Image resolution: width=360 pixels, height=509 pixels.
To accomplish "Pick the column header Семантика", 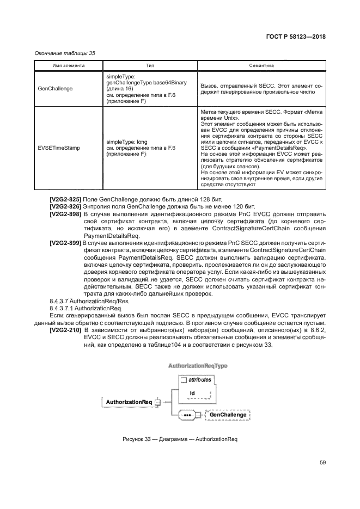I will click(x=261, y=65).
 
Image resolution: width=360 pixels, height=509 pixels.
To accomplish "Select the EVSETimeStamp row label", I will click(x=57, y=148).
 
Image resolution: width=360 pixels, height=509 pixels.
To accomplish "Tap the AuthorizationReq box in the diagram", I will click(x=129, y=402).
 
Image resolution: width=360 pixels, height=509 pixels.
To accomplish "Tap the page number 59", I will click(x=322, y=463).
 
